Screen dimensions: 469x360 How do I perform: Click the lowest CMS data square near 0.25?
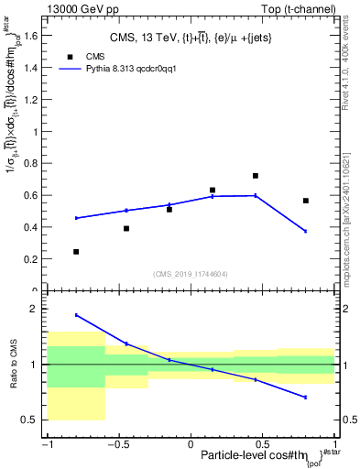pyautogui.click(x=76, y=251)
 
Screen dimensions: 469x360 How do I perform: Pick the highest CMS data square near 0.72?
pyautogui.click(x=256, y=175)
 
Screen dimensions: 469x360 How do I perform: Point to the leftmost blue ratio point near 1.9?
pyautogui.click(x=76, y=315)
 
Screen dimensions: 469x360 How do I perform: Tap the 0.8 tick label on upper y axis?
pyautogui.click(x=32, y=164)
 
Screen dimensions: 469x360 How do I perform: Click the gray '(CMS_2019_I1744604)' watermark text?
pyautogui.click(x=191, y=273)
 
